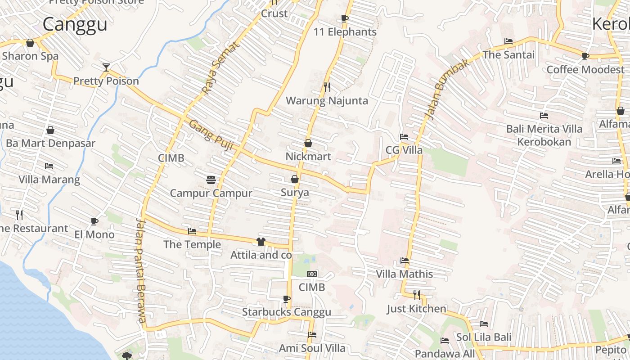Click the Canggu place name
click(75, 24)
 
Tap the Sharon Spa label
click(30, 56)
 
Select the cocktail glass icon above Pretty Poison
click(106, 67)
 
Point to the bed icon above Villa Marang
click(49, 166)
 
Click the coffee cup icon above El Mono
click(94, 221)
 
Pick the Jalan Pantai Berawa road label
click(141, 270)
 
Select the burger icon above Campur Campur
click(211, 180)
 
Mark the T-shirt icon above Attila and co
click(261, 242)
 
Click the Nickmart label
click(308, 157)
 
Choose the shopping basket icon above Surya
click(295, 179)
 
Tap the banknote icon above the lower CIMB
click(312, 274)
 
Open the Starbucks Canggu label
click(286, 312)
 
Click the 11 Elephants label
click(345, 32)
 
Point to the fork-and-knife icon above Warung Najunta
click(327, 87)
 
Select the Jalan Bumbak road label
click(447, 90)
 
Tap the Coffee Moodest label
click(585, 70)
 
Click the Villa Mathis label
click(404, 274)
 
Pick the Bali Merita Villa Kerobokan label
click(544, 135)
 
